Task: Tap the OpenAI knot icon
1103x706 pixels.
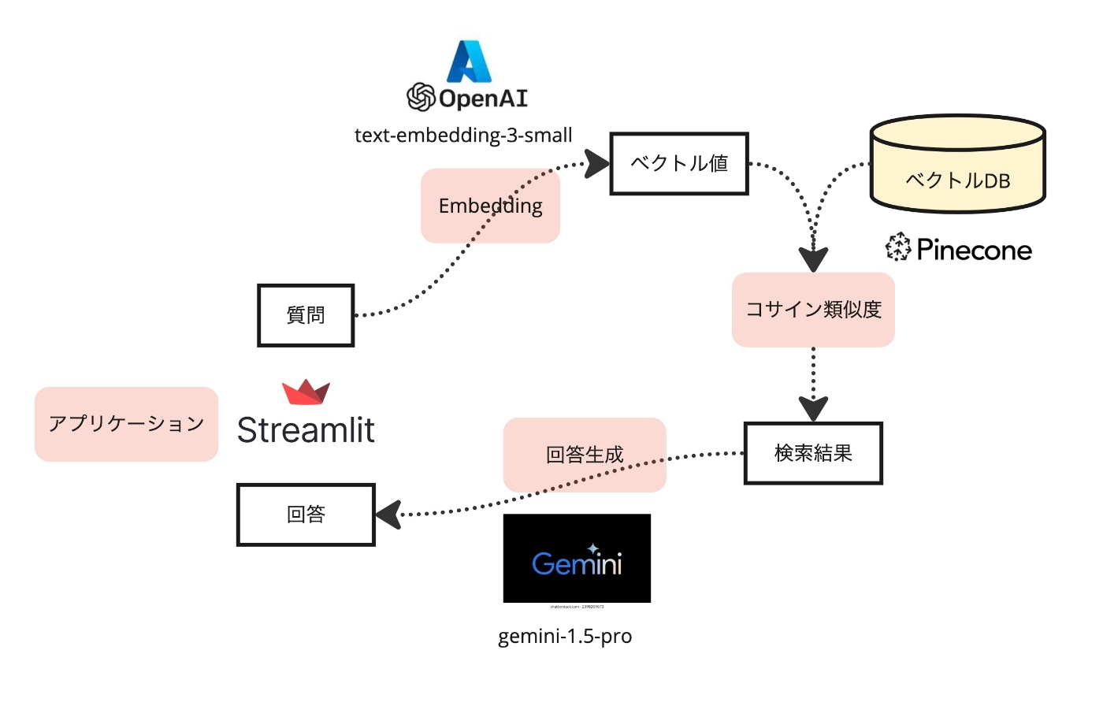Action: coord(421,98)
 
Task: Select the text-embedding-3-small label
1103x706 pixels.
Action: coord(463,136)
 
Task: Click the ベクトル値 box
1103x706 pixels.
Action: coord(679,164)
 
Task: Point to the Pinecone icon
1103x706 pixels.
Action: coord(898,247)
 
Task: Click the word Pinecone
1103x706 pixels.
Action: coord(974,251)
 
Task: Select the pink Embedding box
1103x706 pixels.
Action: coord(490,206)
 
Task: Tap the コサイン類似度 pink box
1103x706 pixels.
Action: coord(813,310)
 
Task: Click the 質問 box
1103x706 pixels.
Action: coord(306,315)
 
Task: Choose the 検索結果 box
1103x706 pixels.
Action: coord(813,453)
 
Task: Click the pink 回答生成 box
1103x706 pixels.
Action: coord(585,455)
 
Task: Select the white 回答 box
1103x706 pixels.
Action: coord(306,515)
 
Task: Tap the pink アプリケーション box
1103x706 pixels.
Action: coord(126,424)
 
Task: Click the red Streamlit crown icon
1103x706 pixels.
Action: coord(306,392)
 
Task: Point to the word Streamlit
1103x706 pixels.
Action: coord(306,430)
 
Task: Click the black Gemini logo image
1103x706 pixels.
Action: coord(577,559)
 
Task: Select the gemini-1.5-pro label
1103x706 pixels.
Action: coord(565,636)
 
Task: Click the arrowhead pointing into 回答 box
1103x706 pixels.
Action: coord(388,515)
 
